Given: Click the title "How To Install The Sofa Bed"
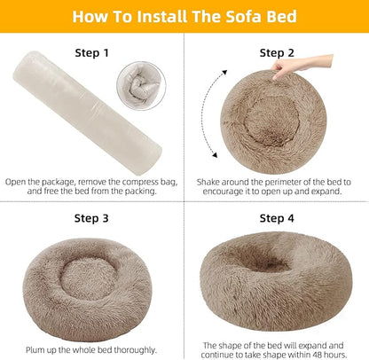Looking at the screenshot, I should click(184, 17).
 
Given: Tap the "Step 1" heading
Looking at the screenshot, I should click(91, 53).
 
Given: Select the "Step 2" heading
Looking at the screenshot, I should click(278, 53).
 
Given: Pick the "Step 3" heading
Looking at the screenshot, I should click(91, 217).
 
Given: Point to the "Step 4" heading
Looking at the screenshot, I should click(278, 217).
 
